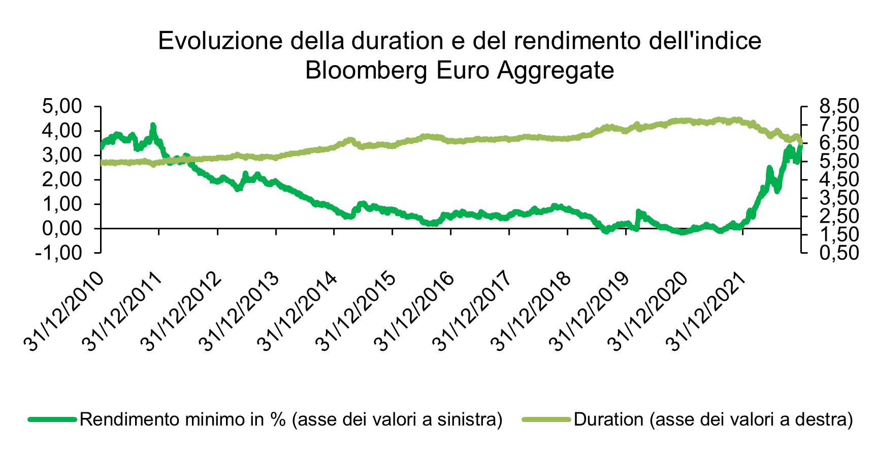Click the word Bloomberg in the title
pyautogui.click(x=367, y=71)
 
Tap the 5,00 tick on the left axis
pyautogui.click(x=62, y=107)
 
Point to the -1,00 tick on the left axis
pyautogui.click(x=59, y=253)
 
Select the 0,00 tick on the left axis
pyautogui.click(x=62, y=229)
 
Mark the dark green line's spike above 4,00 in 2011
pyautogui.click(x=153, y=125)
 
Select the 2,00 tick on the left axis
pyautogui.click(x=62, y=180)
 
